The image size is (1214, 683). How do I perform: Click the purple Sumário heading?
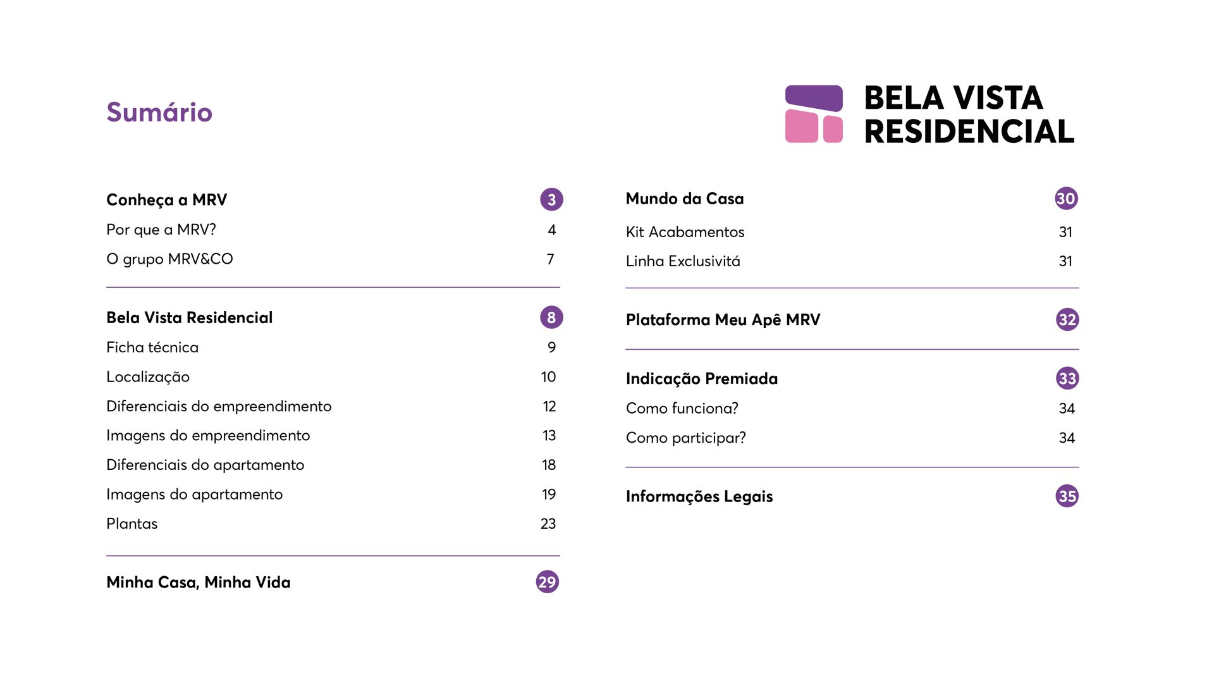tap(159, 113)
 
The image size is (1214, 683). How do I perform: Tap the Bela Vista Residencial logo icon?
tap(814, 114)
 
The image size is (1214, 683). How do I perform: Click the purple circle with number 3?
tap(551, 200)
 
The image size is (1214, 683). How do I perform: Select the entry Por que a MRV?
tap(161, 230)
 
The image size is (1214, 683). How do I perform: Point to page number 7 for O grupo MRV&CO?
tap(551, 259)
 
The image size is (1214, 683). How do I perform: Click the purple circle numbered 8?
tap(551, 317)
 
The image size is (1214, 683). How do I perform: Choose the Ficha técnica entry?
tap(152, 347)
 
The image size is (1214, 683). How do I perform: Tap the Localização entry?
tap(148, 377)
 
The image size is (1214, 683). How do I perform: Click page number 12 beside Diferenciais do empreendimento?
tap(549, 407)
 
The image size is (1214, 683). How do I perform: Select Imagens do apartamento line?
tap(194, 495)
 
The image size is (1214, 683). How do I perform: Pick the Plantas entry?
tap(132, 524)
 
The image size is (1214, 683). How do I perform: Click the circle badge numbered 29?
tap(548, 582)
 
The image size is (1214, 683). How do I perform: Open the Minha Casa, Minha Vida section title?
tap(199, 582)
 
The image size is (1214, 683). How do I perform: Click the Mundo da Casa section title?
tap(685, 199)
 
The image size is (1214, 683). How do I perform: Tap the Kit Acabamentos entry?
tap(685, 232)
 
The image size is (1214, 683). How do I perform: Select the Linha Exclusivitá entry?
tap(683, 261)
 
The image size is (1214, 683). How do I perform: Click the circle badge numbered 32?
tap(1067, 320)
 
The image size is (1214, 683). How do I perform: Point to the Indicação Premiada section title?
tap(702, 379)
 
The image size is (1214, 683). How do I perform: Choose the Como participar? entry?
tap(686, 438)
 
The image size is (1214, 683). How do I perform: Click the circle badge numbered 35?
tap(1067, 496)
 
